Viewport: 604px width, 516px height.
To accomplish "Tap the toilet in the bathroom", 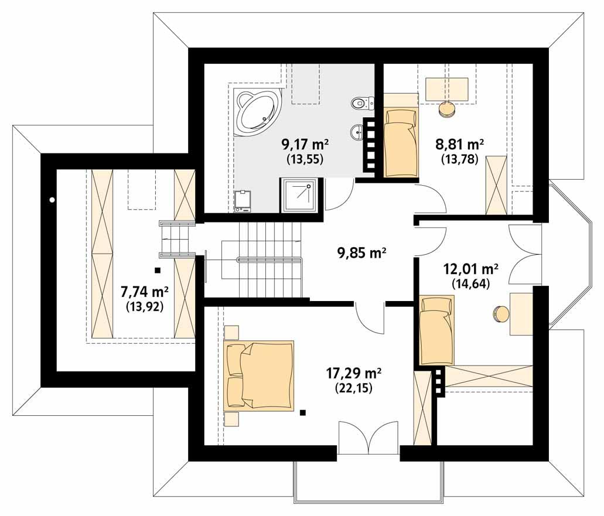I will coord(360,103).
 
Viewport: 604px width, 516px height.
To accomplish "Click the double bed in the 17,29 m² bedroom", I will coord(258,375).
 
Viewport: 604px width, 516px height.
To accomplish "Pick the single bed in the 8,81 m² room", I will coord(401,141).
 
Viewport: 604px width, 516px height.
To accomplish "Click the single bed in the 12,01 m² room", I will coord(436,330).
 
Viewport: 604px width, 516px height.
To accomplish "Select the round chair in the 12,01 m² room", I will coord(501,314).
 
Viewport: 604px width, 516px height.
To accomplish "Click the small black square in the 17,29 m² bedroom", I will coord(303,412).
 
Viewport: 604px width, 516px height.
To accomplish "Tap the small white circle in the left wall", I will coord(52,200).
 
